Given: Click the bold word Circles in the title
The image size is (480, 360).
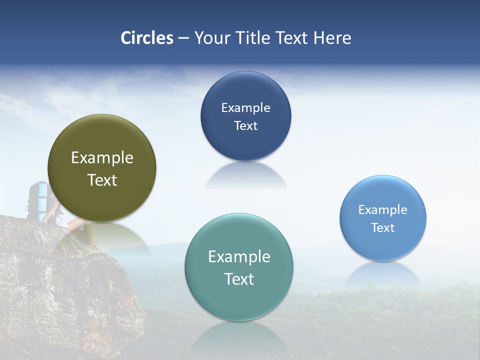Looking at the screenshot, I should [x=147, y=38].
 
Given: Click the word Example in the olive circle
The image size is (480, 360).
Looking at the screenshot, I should [x=102, y=158].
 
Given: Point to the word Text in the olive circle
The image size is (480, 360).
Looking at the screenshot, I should [x=102, y=180].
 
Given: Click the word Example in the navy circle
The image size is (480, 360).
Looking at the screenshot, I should [x=245, y=108].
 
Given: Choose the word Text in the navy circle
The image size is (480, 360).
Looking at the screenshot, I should [x=245, y=126].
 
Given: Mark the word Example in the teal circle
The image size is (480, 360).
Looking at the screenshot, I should [x=239, y=257].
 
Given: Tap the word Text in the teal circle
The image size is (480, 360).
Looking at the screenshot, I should [x=239, y=279].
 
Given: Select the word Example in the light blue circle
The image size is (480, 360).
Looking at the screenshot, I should [x=383, y=210].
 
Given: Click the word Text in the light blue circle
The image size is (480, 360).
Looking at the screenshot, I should [x=383, y=228].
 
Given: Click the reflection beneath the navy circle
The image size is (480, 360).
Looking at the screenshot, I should [x=245, y=175].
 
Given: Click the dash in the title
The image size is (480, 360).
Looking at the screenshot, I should [x=183, y=38].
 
